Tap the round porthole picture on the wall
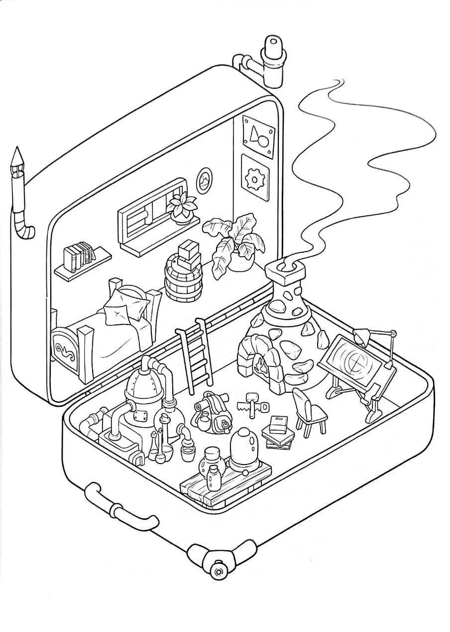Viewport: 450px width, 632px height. tap(204, 180)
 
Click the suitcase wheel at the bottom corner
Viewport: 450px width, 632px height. tap(217, 568)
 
